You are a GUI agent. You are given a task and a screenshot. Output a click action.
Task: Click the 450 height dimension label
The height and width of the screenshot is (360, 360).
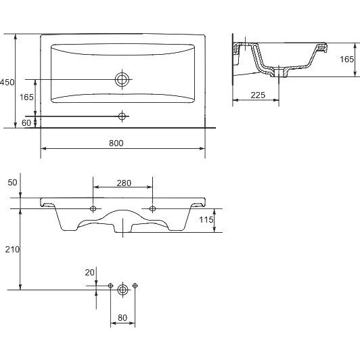(x=7, y=82)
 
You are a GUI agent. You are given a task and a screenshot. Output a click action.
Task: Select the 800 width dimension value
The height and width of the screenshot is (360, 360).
(x=116, y=143)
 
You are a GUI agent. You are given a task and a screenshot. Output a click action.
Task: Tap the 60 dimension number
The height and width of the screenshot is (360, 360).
(x=26, y=123)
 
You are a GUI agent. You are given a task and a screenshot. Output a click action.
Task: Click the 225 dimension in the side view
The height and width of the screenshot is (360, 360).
(x=258, y=95)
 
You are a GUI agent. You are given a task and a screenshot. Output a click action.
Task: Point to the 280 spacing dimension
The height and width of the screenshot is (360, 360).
(x=124, y=183)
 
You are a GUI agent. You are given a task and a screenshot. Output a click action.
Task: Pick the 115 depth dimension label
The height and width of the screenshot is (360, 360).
(x=206, y=220)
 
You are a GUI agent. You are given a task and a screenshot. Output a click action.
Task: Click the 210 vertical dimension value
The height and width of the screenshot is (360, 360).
(x=12, y=249)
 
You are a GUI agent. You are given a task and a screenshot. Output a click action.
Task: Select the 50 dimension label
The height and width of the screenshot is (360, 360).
(x=12, y=183)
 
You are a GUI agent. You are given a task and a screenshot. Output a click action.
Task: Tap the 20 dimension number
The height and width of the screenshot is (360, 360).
(x=89, y=273)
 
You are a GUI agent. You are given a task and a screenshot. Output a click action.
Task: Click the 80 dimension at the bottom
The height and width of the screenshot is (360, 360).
(x=122, y=318)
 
